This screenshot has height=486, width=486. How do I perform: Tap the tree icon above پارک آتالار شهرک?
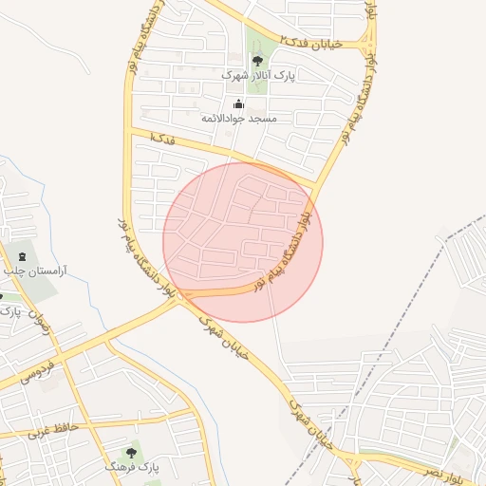(x=258, y=60)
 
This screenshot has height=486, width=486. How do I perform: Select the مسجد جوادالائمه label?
(x=238, y=120)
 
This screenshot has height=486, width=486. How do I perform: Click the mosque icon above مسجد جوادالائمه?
(x=237, y=104)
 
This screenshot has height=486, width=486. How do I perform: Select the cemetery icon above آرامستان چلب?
(x=22, y=256)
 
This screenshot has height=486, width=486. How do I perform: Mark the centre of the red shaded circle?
(x=243, y=242)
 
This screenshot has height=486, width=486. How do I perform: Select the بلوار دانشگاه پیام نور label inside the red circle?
(x=284, y=251)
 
